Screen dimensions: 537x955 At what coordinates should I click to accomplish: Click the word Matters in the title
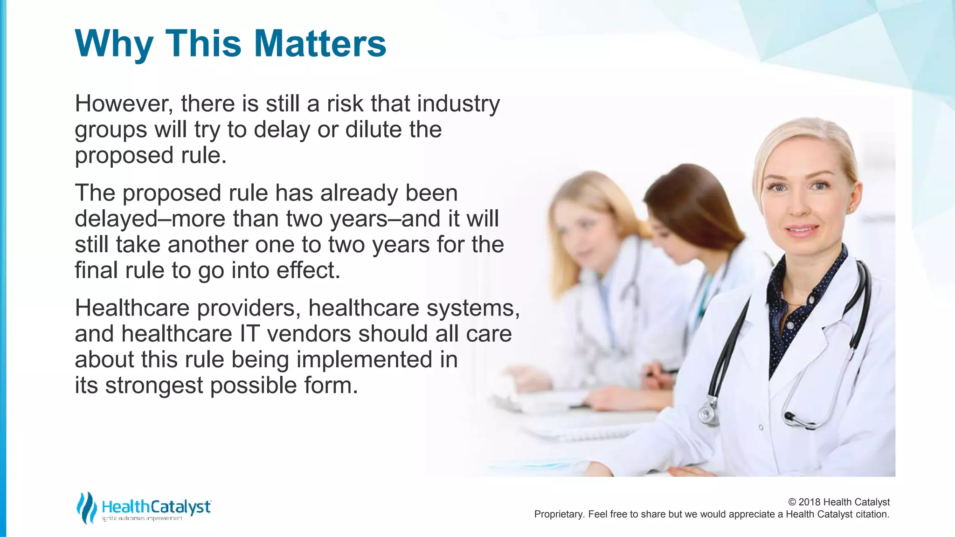(x=320, y=43)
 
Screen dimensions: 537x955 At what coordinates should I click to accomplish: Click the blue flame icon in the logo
(x=86, y=507)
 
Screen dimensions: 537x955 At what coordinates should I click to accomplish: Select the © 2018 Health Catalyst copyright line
(x=838, y=502)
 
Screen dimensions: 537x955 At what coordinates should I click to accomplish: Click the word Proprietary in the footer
(x=558, y=514)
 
